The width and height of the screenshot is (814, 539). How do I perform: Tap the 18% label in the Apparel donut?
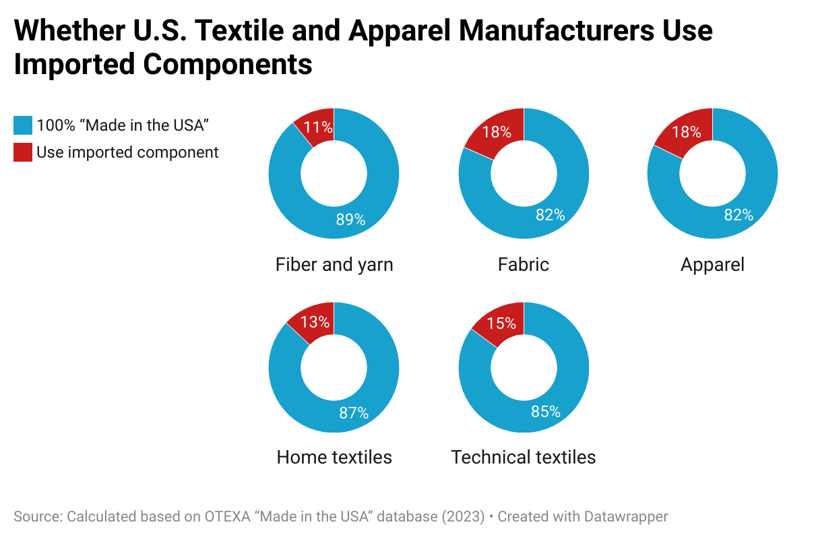coord(687,132)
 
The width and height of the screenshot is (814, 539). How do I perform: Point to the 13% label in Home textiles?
coord(316,322)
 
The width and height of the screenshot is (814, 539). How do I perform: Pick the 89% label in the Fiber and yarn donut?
coord(350,219)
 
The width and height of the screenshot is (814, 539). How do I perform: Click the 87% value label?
coord(354,413)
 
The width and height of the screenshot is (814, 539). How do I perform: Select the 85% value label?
coord(546,411)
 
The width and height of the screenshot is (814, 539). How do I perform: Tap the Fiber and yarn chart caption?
coord(334,265)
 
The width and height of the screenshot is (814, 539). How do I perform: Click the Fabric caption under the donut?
coord(524,265)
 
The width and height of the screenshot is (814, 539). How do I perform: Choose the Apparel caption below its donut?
coord(712,265)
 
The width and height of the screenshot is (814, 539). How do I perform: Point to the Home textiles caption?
coord(334,457)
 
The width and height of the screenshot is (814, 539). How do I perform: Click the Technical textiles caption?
coord(524,457)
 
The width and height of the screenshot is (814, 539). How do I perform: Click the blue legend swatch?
coord(22,125)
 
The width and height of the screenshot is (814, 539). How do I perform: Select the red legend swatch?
coord(22,152)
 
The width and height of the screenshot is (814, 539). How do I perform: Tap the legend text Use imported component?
coord(127,152)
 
